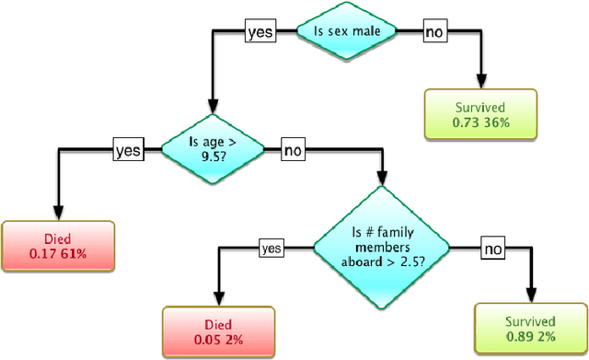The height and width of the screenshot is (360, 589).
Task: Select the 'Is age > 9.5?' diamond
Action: pyautogui.click(x=211, y=147)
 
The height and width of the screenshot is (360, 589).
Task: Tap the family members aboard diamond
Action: pyautogui.click(x=381, y=246)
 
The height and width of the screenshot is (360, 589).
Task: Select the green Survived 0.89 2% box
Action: pyautogui.click(x=531, y=329)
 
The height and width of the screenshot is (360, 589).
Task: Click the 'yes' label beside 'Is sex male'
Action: pyautogui.click(x=260, y=32)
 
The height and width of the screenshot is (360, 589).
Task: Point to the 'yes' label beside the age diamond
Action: pyautogui.click(x=127, y=148)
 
